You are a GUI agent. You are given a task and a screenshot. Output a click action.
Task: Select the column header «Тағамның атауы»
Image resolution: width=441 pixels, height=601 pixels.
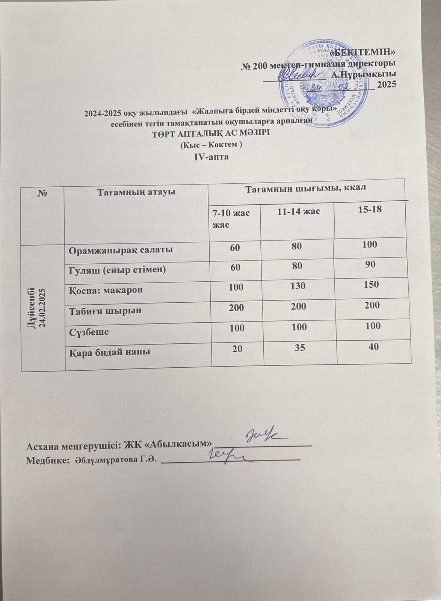137,192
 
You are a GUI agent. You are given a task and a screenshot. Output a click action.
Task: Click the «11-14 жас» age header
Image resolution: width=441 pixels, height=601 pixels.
298,211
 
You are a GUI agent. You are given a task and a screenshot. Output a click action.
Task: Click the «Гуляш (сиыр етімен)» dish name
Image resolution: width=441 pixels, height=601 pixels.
117,270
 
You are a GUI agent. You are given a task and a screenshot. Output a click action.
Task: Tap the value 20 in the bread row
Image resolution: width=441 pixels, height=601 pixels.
237,349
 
